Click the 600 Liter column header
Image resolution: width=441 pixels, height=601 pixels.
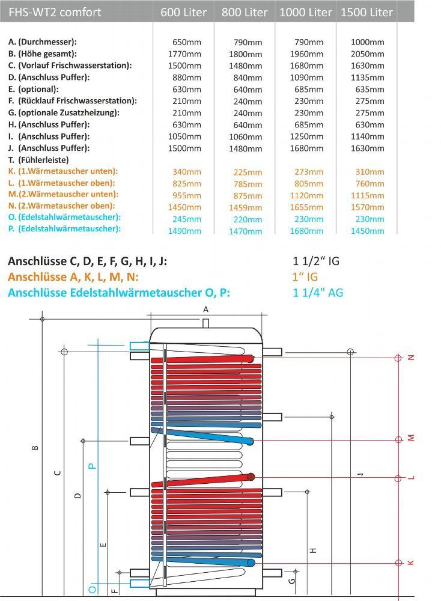pos(184,12)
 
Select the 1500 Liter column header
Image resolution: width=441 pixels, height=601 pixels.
pos(366,12)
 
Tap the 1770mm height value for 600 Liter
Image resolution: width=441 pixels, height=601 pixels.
pos(186,53)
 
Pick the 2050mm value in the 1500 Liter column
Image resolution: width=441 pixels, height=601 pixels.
pos(368,53)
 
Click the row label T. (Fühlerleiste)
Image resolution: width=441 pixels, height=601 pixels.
pos(39,160)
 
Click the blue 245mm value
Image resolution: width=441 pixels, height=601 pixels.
pos(186,219)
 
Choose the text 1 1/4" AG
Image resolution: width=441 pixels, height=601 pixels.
pos(318,293)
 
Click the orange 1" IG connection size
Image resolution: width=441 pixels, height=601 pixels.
pos(305,277)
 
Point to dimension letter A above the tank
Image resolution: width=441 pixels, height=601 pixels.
pos(205,309)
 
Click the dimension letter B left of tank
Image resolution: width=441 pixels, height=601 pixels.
pos(35,447)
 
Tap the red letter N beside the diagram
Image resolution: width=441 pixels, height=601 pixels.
pos(412,358)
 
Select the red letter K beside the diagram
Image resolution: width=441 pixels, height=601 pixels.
pos(412,563)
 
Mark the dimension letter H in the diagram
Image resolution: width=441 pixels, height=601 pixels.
pos(313,550)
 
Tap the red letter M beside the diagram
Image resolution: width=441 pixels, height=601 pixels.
pos(412,439)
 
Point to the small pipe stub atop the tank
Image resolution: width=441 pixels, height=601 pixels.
pos(205,323)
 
